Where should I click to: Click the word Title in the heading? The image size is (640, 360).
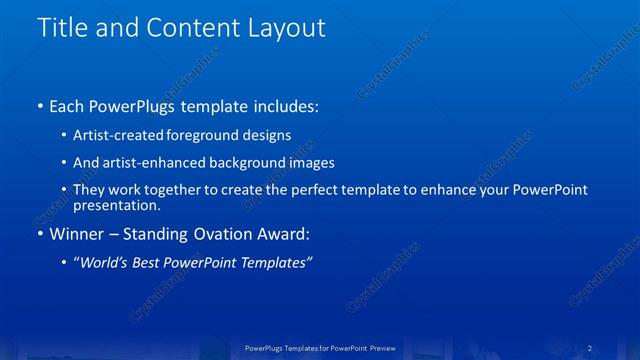(60, 28)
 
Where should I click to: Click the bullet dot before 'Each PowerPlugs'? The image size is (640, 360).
(38, 106)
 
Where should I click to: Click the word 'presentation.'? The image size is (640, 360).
(116, 205)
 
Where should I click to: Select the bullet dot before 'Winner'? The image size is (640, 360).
(38, 235)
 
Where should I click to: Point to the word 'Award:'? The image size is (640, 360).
(284, 235)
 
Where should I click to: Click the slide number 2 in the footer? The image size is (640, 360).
(591, 347)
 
